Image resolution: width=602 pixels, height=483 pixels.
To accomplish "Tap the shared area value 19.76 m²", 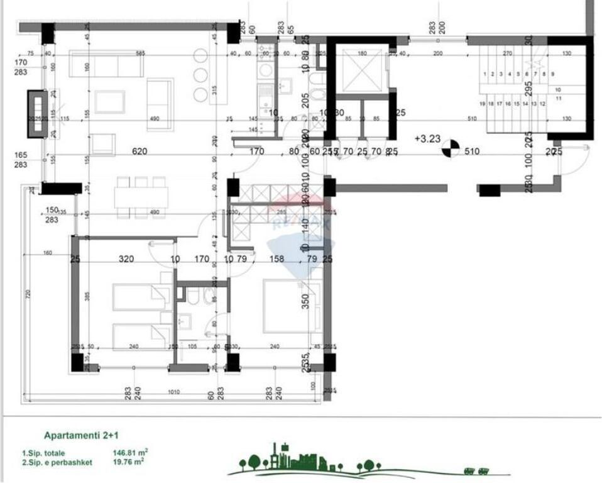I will (x=128, y=462).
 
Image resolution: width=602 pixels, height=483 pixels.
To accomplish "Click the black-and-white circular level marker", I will (x=450, y=149).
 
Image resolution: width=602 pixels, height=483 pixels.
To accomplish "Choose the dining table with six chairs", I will (x=141, y=197).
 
